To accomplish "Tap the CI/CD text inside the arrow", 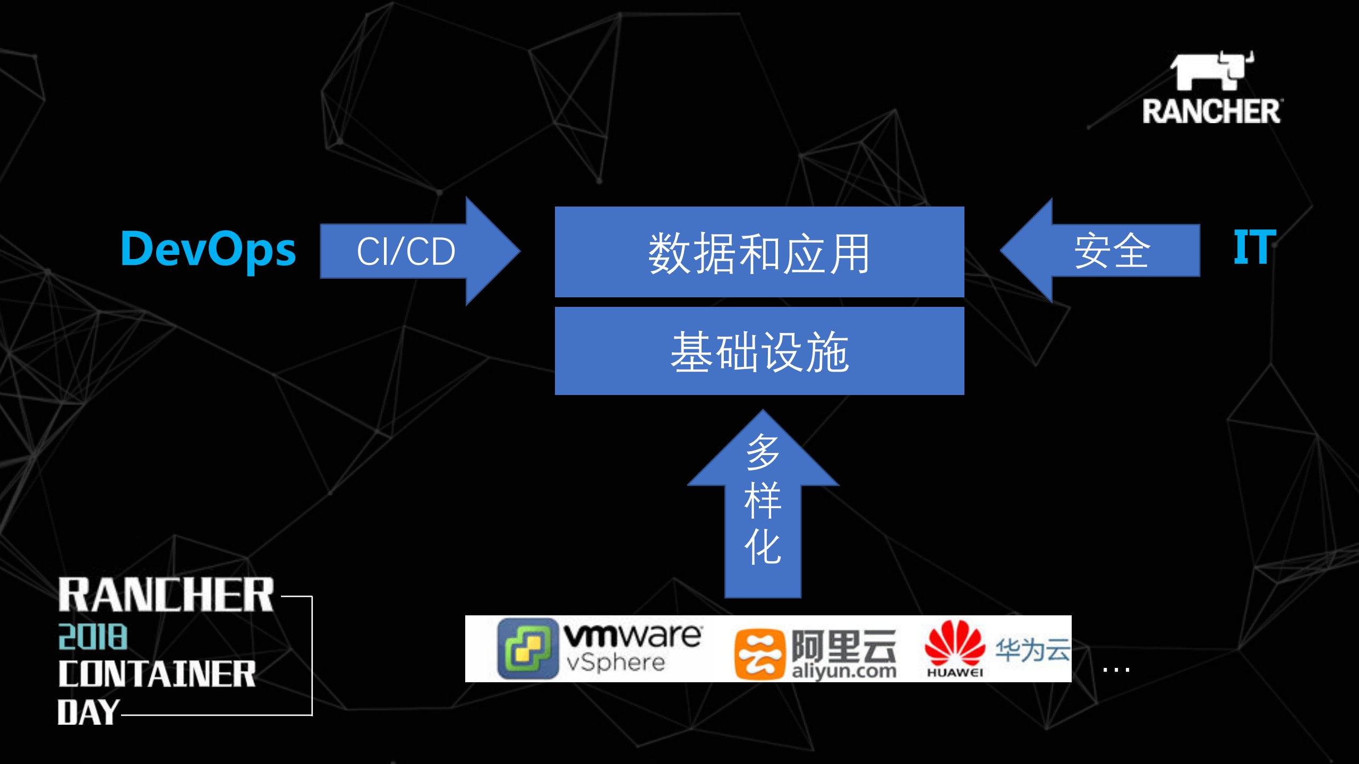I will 406,251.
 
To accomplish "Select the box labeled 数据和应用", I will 759,252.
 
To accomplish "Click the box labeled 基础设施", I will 759,351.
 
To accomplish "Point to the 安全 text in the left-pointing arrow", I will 1112,251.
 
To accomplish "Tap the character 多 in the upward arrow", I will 763,452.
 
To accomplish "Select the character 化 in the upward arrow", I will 763,547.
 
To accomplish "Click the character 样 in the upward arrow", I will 763,501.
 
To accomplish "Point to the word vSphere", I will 616,662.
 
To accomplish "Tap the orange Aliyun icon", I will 759,654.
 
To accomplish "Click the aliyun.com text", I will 844,671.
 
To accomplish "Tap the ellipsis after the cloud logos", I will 1116,669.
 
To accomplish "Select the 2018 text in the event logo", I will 93,637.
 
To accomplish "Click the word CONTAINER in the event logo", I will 157,674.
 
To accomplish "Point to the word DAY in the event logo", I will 88,712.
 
